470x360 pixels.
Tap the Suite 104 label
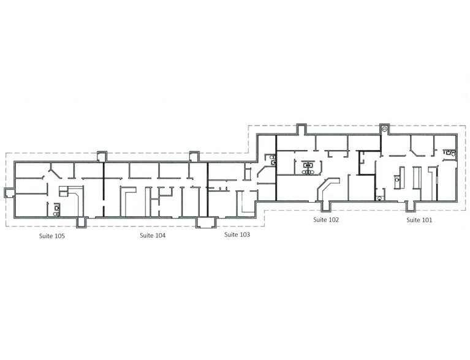pyautogui.click(x=152, y=235)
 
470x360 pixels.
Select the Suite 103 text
pyautogui.click(x=237, y=234)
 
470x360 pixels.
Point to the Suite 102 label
pyautogui.click(x=326, y=219)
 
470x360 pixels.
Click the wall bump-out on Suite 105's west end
pyautogui.click(x=8, y=193)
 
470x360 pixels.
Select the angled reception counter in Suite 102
pyautogui.click(x=328, y=186)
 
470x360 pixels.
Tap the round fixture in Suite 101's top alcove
pyautogui.click(x=384, y=129)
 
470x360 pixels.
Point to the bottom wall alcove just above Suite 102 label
pyautogui.click(x=324, y=205)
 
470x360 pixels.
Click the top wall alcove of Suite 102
pyautogui.click(x=301, y=129)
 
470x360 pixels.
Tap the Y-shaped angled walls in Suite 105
pyautogui.click(x=54, y=170)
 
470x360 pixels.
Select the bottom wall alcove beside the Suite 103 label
pyautogui.click(x=203, y=222)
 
